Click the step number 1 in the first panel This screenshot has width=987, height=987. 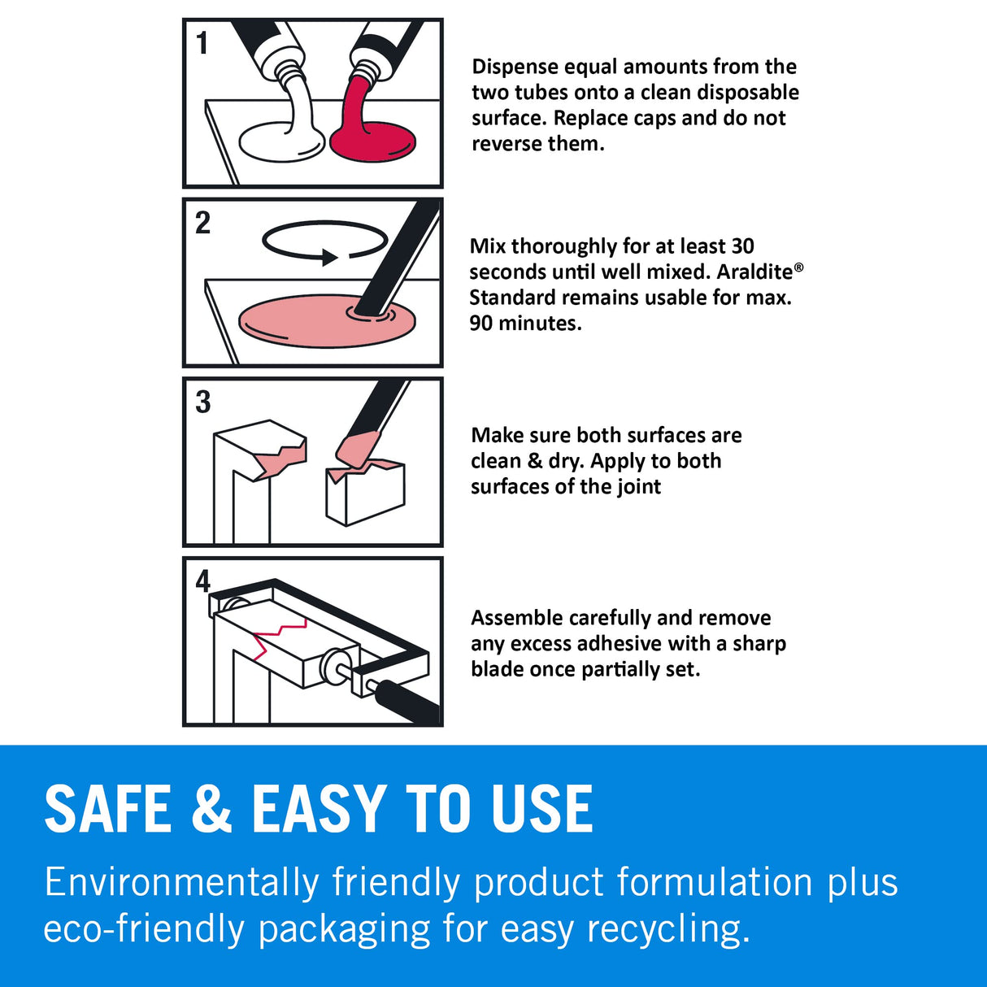202,42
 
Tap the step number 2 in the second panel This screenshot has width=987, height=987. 203,223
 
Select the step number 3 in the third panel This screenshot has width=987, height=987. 203,402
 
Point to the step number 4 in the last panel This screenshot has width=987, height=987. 202,580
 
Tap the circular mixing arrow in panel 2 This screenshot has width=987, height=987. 324,241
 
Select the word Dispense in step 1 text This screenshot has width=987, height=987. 515,67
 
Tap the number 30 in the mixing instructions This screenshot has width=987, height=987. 741,246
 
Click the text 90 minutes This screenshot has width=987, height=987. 525,324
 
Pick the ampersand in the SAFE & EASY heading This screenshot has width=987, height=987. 211,809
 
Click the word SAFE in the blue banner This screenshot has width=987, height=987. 108,809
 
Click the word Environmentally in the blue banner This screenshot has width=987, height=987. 181,883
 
